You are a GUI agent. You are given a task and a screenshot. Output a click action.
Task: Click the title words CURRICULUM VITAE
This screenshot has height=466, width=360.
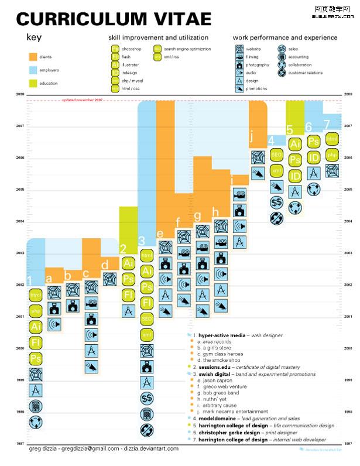click(114, 19)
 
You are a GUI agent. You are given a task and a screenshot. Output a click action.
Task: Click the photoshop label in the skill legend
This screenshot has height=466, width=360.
click(131, 49)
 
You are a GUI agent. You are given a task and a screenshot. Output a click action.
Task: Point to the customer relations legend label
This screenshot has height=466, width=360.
click(306, 73)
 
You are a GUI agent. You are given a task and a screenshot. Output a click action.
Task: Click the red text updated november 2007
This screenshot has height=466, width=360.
click(82, 100)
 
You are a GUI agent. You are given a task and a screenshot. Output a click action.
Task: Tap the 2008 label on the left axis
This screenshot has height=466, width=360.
click(20, 94)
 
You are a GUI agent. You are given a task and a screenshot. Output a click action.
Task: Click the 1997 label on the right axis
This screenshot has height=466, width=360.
click(348, 444)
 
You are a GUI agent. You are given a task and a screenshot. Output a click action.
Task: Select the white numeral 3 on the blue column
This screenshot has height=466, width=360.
click(142, 240)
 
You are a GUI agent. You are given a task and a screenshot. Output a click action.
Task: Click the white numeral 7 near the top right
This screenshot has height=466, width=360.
click(327, 124)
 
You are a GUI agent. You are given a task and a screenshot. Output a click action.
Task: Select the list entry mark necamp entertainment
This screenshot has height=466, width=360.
click(232, 412)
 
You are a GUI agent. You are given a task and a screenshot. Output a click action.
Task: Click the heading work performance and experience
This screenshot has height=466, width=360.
click(285, 37)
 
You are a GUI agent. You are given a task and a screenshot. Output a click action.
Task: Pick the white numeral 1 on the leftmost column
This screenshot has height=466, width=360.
click(30, 281)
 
